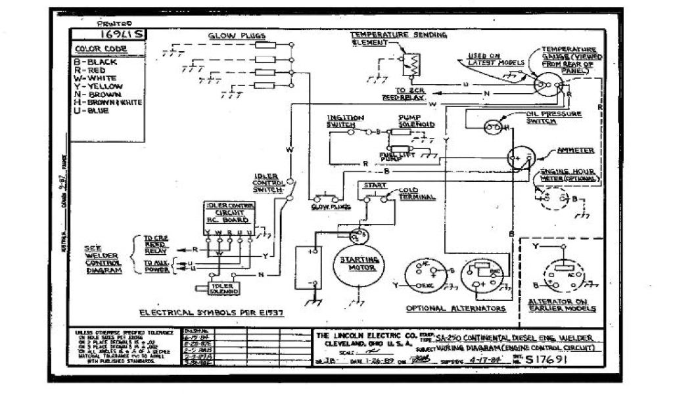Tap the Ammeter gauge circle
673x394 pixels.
tap(522, 158)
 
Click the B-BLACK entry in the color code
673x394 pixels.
tap(96, 62)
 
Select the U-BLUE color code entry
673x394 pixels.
tap(92, 110)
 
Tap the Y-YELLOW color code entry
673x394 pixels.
tap(99, 86)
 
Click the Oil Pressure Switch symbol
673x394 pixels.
tap(493, 127)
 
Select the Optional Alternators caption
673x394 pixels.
tap(455, 308)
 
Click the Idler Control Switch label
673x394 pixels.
tap(267, 183)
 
